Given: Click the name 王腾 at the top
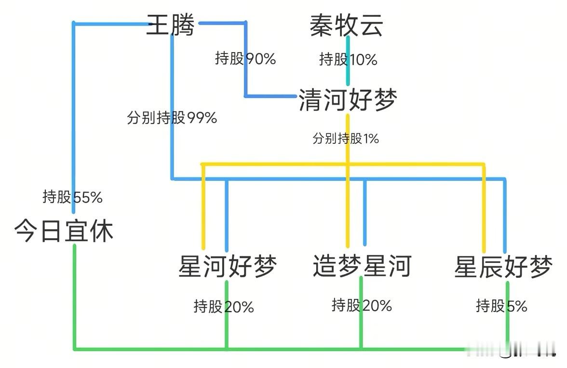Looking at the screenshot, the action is pyautogui.click(x=170, y=25).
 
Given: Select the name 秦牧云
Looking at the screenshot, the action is pyautogui.click(x=346, y=25).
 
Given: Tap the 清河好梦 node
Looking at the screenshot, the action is pyautogui.click(x=348, y=100).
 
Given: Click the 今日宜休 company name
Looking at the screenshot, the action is pyautogui.click(x=64, y=231).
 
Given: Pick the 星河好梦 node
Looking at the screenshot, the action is pyautogui.click(x=227, y=266).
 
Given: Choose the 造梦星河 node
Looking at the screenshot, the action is pyautogui.click(x=362, y=266).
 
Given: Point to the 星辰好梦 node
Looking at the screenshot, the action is pyautogui.click(x=503, y=267).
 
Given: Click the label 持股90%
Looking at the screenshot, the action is pyautogui.click(x=245, y=59).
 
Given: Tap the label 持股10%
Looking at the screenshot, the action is pyautogui.click(x=348, y=59).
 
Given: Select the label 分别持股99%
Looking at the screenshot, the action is pyautogui.click(x=172, y=117).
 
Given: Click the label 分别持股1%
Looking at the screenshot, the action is pyautogui.click(x=345, y=139).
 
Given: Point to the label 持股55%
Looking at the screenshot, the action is pyautogui.click(x=72, y=197).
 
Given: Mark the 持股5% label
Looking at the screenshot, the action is pyautogui.click(x=501, y=305).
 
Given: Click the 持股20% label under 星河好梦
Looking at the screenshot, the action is pyautogui.click(x=224, y=306).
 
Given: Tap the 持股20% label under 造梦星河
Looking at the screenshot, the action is pyautogui.click(x=362, y=305).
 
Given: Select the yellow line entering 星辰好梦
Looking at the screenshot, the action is pyautogui.click(x=484, y=207).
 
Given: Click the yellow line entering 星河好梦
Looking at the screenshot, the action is pyautogui.click(x=203, y=207).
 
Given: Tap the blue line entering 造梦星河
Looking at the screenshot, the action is pyautogui.click(x=364, y=212).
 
